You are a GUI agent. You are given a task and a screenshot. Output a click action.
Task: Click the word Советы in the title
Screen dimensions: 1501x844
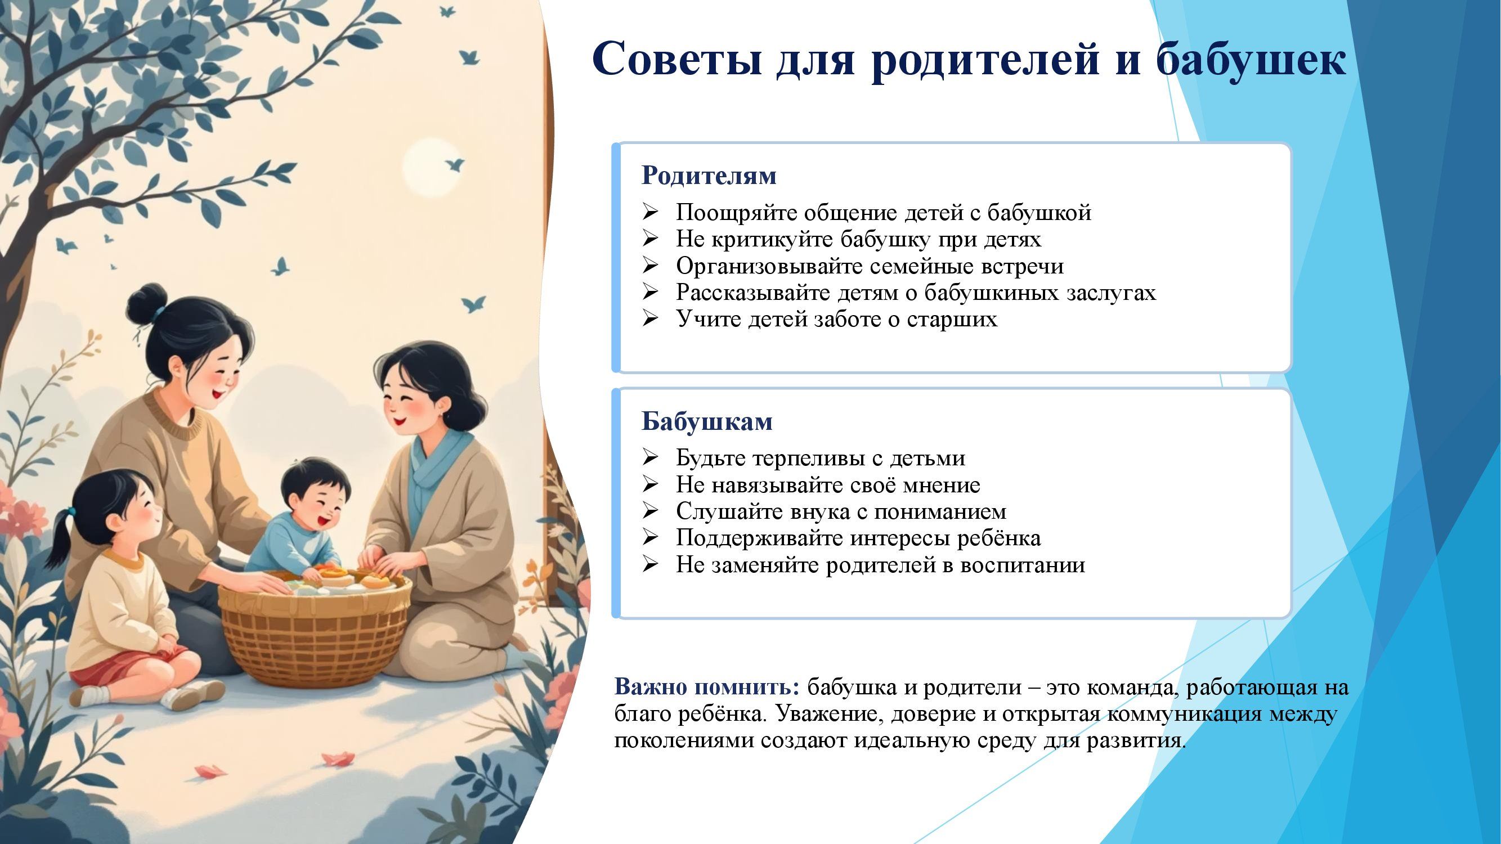(676, 59)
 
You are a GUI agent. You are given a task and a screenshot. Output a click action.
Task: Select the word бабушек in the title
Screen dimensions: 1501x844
(1251, 59)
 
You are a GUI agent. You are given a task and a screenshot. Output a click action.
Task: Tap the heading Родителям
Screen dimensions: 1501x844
(709, 176)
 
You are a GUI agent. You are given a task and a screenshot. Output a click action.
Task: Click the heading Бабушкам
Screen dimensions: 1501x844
(707, 421)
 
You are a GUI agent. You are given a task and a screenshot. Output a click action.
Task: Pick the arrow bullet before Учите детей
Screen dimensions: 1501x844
(649, 319)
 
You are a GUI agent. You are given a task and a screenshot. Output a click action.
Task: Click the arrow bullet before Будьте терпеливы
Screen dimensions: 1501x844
(649, 459)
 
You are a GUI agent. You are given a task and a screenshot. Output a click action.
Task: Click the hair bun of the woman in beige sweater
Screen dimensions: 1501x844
(147, 304)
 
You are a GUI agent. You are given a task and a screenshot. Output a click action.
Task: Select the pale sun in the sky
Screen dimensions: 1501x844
(432, 167)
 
